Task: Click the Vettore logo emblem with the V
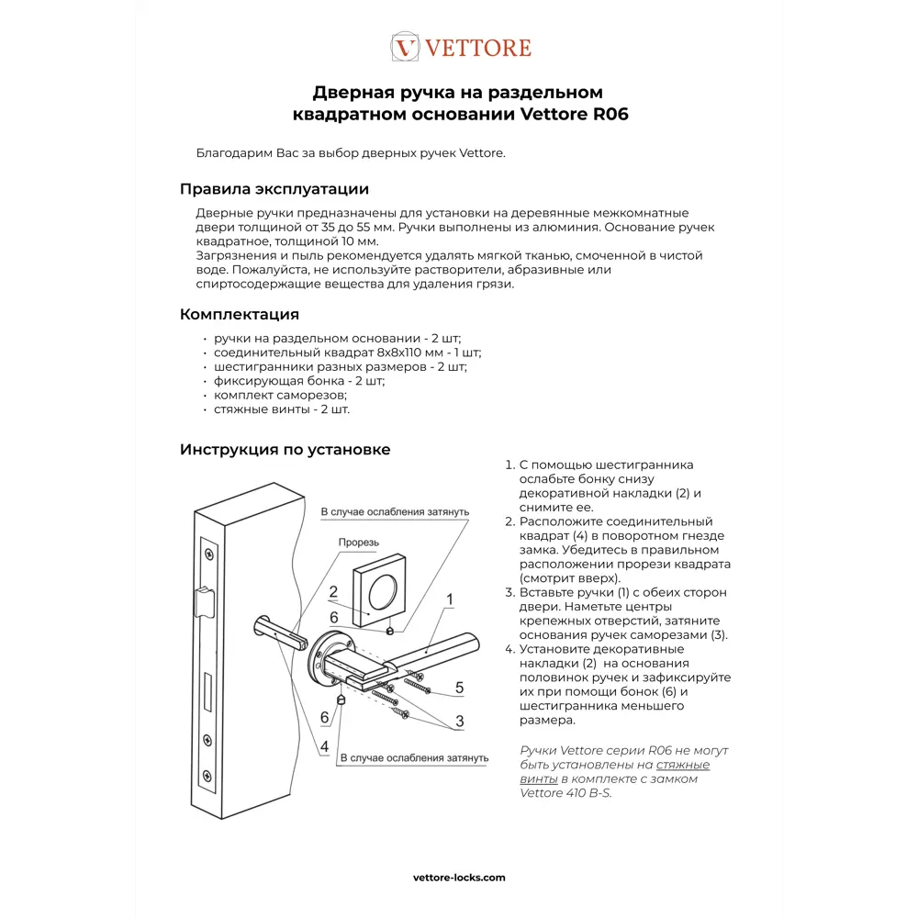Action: click(x=405, y=47)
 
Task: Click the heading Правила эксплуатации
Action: click(x=274, y=189)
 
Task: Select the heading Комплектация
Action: click(x=239, y=315)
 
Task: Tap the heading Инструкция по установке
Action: click(x=285, y=449)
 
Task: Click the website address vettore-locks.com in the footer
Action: click(x=459, y=877)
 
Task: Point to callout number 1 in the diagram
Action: click(x=450, y=600)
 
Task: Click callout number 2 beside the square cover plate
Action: click(x=332, y=592)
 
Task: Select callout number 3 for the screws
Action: click(x=459, y=721)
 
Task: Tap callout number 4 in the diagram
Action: click(x=324, y=747)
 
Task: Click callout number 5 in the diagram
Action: click(x=459, y=687)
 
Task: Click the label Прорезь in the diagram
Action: click(x=358, y=543)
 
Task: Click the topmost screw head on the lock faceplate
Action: click(x=210, y=554)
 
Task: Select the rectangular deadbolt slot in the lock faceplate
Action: click(x=210, y=688)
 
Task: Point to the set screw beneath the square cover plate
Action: click(x=390, y=631)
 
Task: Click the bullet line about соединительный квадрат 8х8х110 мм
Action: click(x=347, y=353)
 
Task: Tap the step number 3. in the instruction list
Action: click(x=510, y=592)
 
